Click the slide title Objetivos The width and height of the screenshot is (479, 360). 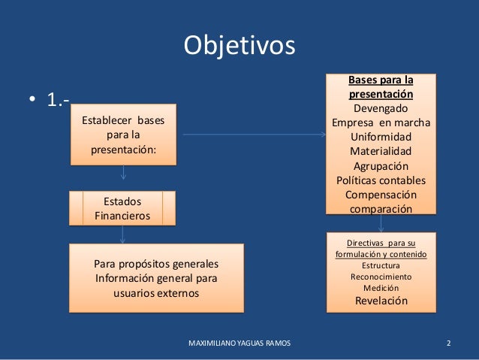coord(239,45)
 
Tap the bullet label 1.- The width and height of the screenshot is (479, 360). coord(60,101)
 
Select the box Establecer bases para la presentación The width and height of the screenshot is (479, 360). coord(123,135)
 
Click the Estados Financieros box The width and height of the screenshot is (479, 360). coord(122,208)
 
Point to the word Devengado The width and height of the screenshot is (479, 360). coord(381,110)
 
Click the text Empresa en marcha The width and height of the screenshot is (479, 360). coord(381,124)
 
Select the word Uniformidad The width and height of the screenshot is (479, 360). coord(381,138)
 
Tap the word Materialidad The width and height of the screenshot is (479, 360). coord(381,152)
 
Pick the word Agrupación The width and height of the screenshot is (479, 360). coord(381,166)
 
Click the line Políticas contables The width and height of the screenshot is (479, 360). coord(381,180)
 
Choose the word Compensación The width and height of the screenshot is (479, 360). coord(381,194)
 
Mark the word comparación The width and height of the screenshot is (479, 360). coord(381,208)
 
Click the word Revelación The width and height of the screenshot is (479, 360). coord(381,301)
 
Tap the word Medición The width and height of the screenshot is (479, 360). coord(381,288)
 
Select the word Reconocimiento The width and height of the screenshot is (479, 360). coord(381,277)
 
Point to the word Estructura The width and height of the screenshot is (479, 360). coord(381,265)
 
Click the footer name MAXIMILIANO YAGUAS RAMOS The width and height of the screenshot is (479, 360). coord(239,343)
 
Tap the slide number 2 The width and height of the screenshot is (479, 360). coord(448,343)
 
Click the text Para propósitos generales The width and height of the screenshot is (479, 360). coord(156,265)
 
